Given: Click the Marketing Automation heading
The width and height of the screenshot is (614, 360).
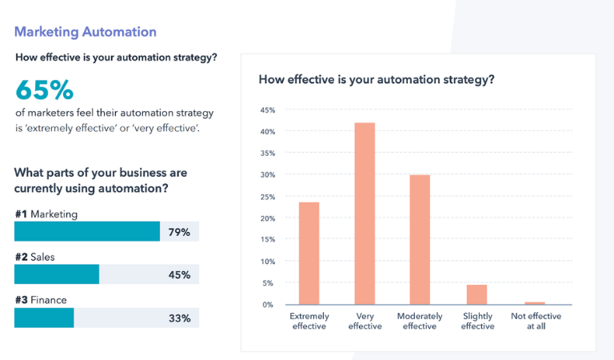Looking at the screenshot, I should (x=86, y=32).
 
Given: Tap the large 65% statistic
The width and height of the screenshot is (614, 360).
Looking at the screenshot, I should (x=44, y=89).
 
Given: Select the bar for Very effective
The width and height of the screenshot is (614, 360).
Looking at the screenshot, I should (x=365, y=214).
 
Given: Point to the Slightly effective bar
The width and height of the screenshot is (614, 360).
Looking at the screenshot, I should (x=476, y=294).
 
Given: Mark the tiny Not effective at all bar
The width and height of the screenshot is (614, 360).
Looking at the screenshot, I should (x=535, y=303).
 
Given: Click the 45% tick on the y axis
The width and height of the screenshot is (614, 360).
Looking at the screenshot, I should (x=268, y=110).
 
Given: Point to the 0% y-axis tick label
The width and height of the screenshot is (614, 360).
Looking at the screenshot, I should (x=269, y=305).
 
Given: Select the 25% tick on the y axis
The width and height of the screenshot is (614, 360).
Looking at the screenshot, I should (x=268, y=197).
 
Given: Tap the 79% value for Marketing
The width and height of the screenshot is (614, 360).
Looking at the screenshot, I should (x=179, y=232).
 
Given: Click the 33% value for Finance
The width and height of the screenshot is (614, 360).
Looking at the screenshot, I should (x=179, y=318).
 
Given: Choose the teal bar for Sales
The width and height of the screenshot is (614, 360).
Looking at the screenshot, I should (x=57, y=274).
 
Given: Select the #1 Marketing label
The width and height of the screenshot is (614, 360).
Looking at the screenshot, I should (x=46, y=214).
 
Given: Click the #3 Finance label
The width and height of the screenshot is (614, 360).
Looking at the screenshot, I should (x=41, y=300).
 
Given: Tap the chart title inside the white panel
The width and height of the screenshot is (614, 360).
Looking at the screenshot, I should (x=376, y=80).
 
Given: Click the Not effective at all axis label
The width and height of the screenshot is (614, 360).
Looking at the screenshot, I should (x=536, y=321).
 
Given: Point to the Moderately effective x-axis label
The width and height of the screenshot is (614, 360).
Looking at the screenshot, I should (x=420, y=321).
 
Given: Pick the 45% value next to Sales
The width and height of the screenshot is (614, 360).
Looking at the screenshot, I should (x=179, y=274).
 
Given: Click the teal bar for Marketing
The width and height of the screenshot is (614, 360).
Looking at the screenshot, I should (x=87, y=232).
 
